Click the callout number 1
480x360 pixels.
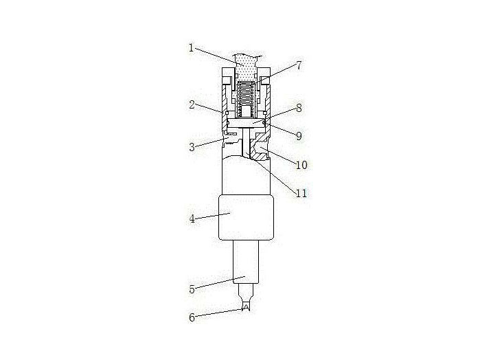point(192,48)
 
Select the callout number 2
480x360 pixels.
point(193,106)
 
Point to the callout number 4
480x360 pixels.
point(192,219)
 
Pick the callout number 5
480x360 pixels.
point(192,289)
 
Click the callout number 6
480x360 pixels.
point(192,317)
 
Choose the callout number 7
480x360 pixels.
point(299,65)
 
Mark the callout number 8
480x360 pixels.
point(299,108)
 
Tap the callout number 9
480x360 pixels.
point(299,136)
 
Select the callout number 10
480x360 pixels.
point(301,165)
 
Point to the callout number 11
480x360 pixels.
point(300,194)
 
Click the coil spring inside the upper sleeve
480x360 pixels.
point(245,96)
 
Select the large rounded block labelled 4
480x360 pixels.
point(245,217)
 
